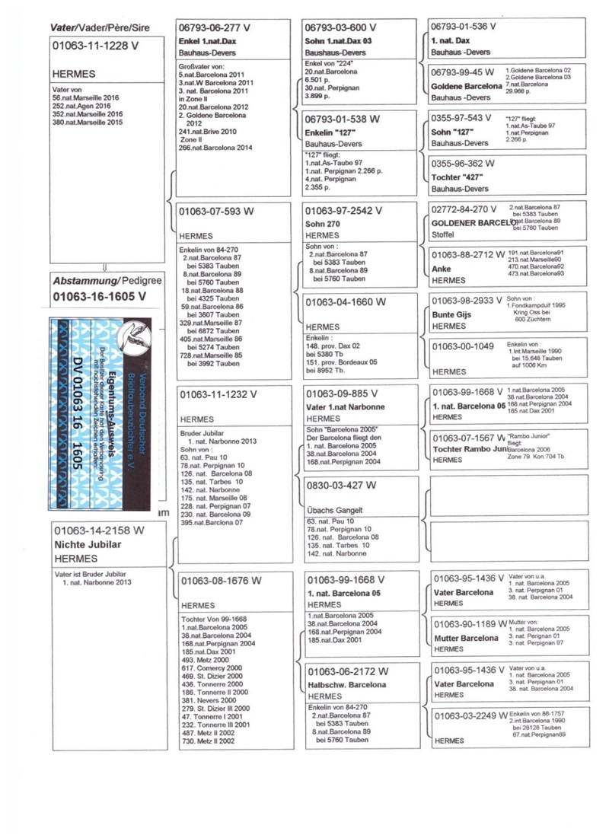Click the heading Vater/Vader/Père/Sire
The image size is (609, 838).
100,28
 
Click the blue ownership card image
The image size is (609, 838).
102,413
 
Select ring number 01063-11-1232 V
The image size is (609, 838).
218,394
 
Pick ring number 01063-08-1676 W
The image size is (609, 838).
221,580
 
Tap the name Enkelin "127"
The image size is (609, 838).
329,132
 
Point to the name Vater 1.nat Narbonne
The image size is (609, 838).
345,406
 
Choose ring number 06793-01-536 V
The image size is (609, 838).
463,26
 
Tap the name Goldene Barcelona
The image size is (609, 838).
465,87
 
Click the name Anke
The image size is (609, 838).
442,269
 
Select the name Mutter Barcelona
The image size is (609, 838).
465,638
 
